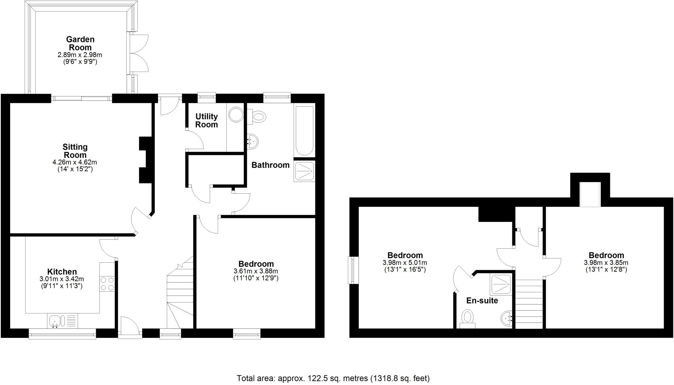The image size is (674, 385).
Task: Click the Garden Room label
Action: tap(80, 43)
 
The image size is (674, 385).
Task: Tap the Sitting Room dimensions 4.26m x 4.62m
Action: tap(75, 162)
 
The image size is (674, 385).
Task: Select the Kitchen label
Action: tap(62, 272)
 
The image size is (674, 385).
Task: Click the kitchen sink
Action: tap(55, 321)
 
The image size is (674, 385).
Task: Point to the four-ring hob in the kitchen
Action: tap(107, 284)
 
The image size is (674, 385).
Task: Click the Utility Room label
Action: tap(206, 120)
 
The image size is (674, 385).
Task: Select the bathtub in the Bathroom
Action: tap(304, 131)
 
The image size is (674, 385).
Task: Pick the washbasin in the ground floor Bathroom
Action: tap(252, 142)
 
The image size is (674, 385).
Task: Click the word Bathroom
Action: tap(271, 165)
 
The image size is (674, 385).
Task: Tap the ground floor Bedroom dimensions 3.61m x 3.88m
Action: tap(256, 271)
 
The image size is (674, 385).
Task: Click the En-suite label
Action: tap(482, 301)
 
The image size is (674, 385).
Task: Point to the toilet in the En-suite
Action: tap(467, 319)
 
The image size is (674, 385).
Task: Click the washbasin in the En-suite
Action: tap(506, 318)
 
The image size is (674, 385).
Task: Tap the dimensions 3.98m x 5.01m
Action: tap(405, 263)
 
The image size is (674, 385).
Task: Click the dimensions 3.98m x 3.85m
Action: tap(606, 263)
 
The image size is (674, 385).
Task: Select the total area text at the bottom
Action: tap(333, 378)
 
